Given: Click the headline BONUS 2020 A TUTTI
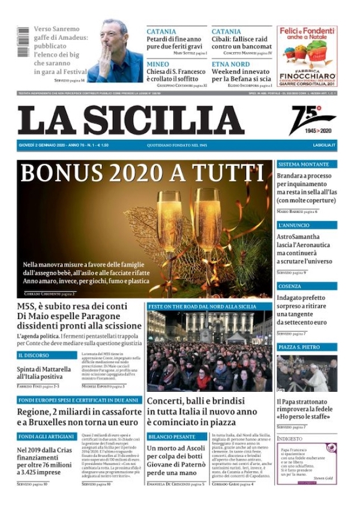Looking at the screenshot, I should pos(142,173).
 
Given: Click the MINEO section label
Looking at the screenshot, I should pos(158,64).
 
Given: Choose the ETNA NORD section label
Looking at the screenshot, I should pos(230,64).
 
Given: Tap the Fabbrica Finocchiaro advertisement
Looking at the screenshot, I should pos(307,56).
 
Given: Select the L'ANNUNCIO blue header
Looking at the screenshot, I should pos(294,226).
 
